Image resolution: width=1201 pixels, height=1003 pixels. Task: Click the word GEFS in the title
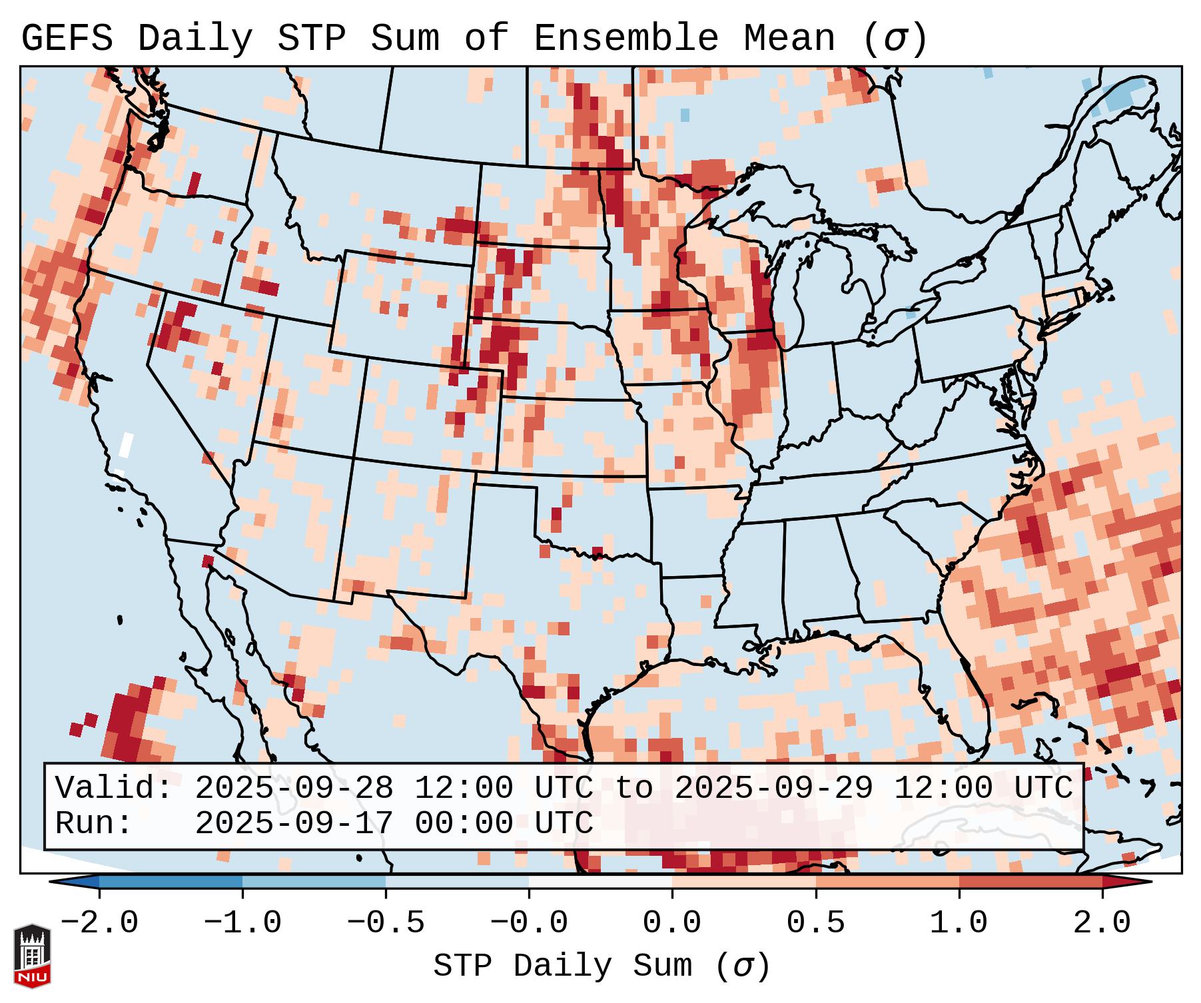click(67, 39)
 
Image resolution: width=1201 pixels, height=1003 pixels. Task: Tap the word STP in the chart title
click(311, 39)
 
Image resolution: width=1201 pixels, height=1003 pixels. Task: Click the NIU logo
click(32, 956)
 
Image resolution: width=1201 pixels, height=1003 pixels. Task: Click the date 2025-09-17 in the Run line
click(294, 824)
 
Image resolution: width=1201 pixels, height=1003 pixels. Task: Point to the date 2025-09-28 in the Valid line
click(294, 789)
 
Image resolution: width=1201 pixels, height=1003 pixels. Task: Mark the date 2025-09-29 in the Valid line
click(773, 789)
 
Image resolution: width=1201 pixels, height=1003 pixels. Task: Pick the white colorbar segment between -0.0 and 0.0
click(600, 882)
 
